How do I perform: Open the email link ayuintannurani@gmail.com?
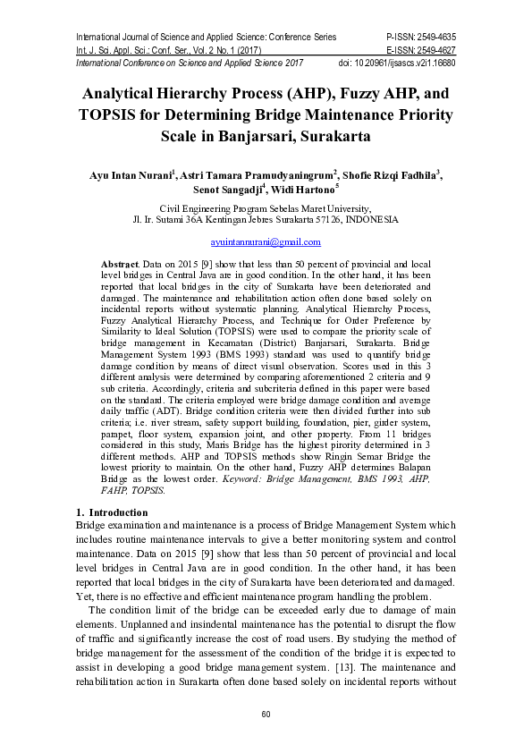[x=265, y=242]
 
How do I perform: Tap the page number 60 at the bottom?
[x=266, y=714]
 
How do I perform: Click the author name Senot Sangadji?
[x=228, y=190]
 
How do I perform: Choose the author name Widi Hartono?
[x=306, y=190]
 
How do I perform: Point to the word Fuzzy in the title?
[x=333, y=93]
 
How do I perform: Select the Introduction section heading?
[x=111, y=512]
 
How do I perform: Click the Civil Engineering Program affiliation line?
[x=265, y=207]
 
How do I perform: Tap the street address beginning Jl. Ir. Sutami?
[x=265, y=219]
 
